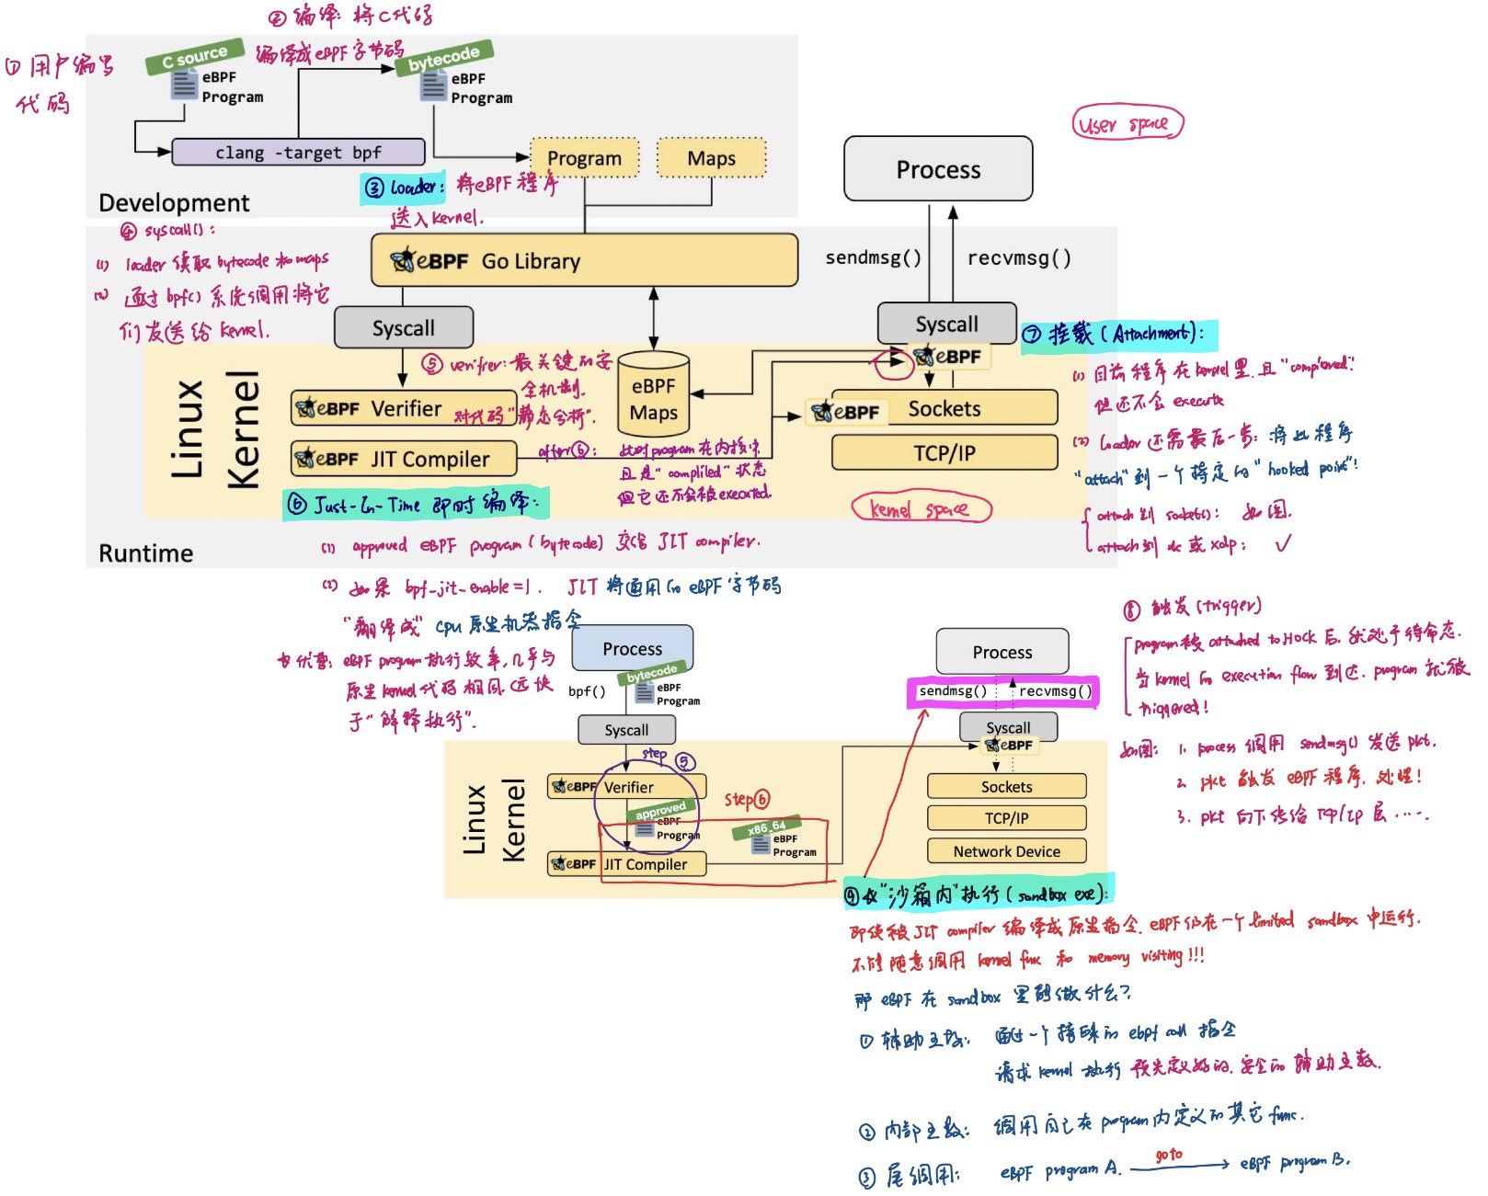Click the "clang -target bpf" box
[x=298, y=152]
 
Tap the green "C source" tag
[x=194, y=57]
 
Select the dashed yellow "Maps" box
[x=711, y=158]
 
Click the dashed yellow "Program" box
[x=584, y=158]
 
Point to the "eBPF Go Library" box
[x=584, y=261]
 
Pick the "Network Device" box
[x=1006, y=851]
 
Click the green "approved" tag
[x=660, y=811]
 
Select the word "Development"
[x=174, y=202]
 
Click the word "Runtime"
[x=146, y=553]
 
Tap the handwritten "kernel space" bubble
[x=921, y=508]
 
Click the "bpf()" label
[x=587, y=691]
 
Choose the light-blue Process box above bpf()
[x=632, y=649]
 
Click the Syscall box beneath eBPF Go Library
[x=403, y=328]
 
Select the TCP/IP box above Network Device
[x=1006, y=818]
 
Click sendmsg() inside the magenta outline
[x=953, y=691]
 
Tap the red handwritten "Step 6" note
[x=747, y=800]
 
